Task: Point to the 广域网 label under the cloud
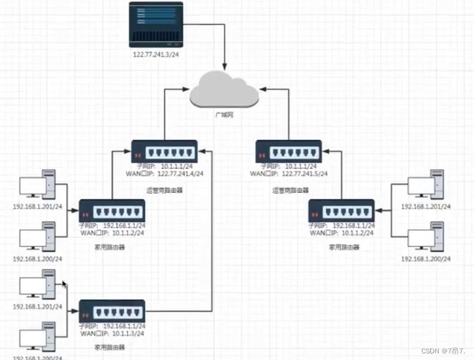point(224,114)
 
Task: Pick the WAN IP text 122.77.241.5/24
point(301,174)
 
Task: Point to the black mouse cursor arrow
point(64,285)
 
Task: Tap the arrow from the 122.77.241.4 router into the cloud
point(165,114)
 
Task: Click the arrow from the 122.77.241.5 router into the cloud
point(288,114)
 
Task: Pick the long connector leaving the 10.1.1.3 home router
point(212,240)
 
